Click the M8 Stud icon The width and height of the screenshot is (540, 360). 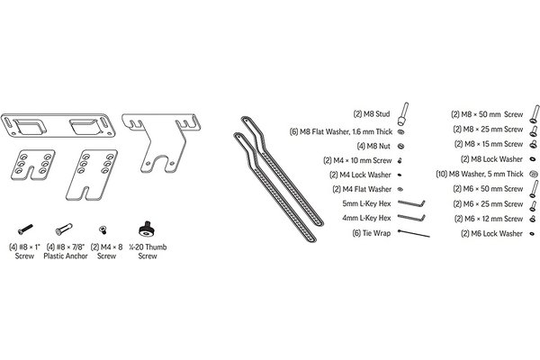[403, 114]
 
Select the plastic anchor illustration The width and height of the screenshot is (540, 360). [64, 229]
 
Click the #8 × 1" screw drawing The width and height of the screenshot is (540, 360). [25, 229]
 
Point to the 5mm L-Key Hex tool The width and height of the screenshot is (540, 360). [411, 203]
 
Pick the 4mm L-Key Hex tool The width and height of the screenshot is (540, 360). [411, 218]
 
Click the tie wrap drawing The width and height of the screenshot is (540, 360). [414, 233]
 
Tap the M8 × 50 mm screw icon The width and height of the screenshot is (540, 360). [534, 113]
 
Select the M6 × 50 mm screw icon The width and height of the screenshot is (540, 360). [534, 189]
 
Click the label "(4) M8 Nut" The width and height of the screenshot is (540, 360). [373, 146]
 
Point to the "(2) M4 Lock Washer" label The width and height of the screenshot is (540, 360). [360, 175]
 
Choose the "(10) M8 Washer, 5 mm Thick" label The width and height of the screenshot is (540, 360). [480, 174]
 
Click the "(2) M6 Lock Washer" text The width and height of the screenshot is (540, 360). [491, 234]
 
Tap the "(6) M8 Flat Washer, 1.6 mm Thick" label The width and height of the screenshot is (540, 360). [341, 131]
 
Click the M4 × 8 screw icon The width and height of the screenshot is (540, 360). [103, 229]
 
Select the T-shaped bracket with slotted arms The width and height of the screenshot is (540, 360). [161, 142]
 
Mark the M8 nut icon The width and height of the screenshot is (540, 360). [400, 146]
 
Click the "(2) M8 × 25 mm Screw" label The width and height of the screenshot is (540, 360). [488, 130]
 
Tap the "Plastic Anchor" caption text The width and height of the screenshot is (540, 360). [66, 256]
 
